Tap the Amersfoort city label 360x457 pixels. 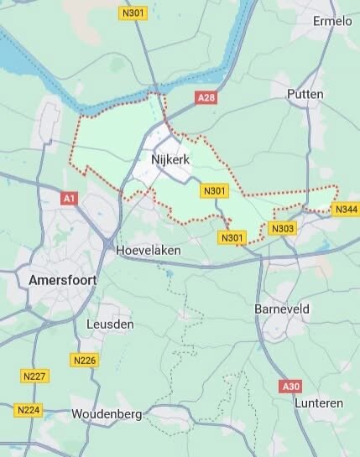(62, 279)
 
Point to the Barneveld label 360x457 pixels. (282, 309)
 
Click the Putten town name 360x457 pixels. (305, 94)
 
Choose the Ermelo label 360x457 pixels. (332, 21)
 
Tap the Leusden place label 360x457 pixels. (110, 324)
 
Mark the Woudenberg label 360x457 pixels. (107, 414)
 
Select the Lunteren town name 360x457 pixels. (319, 403)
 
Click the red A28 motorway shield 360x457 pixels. (206, 98)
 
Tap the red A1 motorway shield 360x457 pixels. (70, 199)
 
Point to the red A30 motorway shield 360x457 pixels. (290, 386)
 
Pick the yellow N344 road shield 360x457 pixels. (345, 209)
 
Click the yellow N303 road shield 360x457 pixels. (283, 228)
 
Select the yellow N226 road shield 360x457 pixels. (85, 360)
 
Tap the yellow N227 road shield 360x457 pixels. (34, 376)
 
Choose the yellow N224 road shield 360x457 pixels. (28, 410)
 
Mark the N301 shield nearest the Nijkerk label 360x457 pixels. (215, 191)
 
